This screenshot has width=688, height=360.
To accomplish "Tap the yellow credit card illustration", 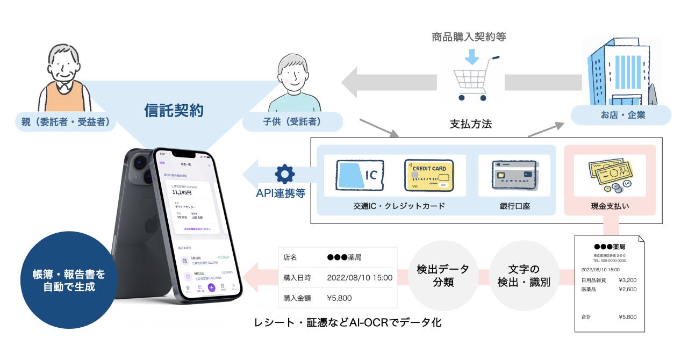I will pyautogui.click(x=429, y=175).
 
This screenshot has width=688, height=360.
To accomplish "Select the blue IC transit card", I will pyautogui.click(x=360, y=175).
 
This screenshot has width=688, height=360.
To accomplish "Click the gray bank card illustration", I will pyautogui.click(x=514, y=175).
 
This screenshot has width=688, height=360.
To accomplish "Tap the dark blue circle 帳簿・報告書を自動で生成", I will pyautogui.click(x=69, y=280).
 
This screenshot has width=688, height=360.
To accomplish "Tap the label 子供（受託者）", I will pyautogui.click(x=292, y=122).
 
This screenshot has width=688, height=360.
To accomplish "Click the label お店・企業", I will pyautogui.click(x=621, y=115).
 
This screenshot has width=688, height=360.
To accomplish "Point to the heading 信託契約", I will pyautogui.click(x=174, y=111).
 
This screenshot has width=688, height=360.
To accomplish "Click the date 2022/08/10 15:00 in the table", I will pyautogui.click(x=360, y=278).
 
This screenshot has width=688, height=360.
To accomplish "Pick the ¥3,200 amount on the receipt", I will pyautogui.click(x=627, y=280).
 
